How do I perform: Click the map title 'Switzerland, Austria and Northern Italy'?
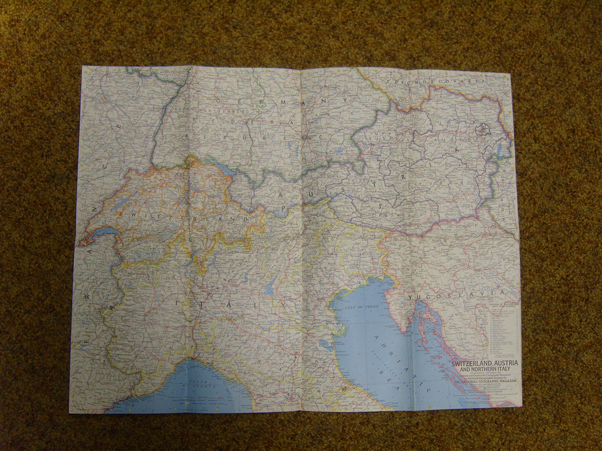point(484,366)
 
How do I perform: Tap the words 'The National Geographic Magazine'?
point(484,383)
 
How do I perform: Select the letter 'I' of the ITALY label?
point(176,302)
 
